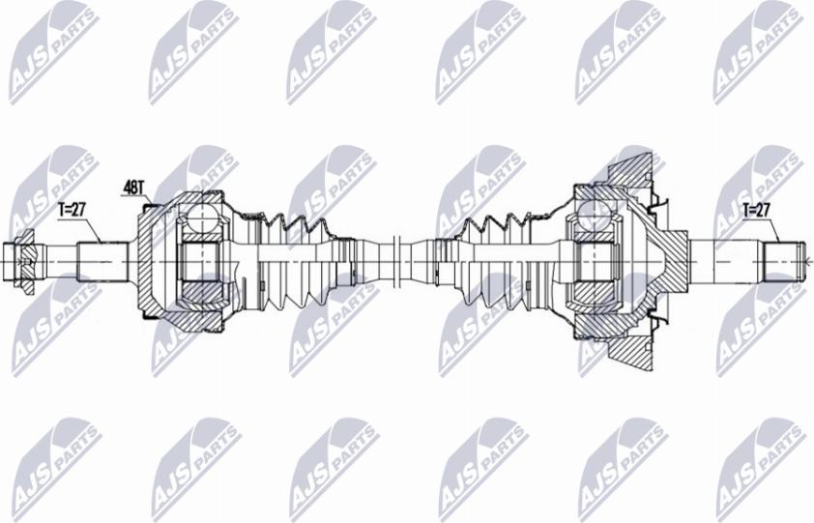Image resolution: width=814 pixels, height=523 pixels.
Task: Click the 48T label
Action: pyautogui.click(x=132, y=188)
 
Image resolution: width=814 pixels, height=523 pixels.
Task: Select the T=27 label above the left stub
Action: pyautogui.click(x=72, y=211)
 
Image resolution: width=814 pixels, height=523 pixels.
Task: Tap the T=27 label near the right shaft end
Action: pyautogui.click(x=756, y=211)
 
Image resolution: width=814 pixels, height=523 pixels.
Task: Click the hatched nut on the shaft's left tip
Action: pyautogui.click(x=26, y=262)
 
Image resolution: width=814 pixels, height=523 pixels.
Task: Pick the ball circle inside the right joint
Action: pyautogui.click(x=592, y=214)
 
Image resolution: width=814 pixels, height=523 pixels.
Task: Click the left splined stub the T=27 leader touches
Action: pyautogui.click(x=102, y=262)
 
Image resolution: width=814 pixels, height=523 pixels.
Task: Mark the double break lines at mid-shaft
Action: pyautogui.click(x=397, y=262)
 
